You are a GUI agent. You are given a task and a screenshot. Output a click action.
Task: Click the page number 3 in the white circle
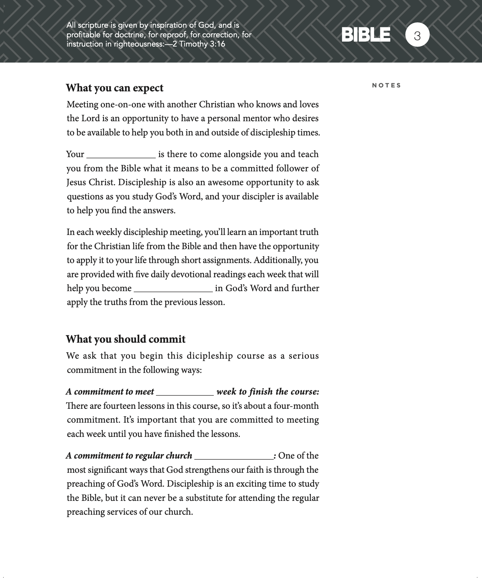pos(417,35)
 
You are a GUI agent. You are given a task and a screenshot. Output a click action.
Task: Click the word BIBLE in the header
pos(366,35)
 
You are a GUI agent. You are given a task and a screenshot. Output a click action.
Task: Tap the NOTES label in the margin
pos(386,85)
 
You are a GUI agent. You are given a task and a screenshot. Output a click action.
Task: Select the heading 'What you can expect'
pos(115,88)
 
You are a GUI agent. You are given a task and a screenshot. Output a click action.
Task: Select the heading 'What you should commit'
pos(126,339)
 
